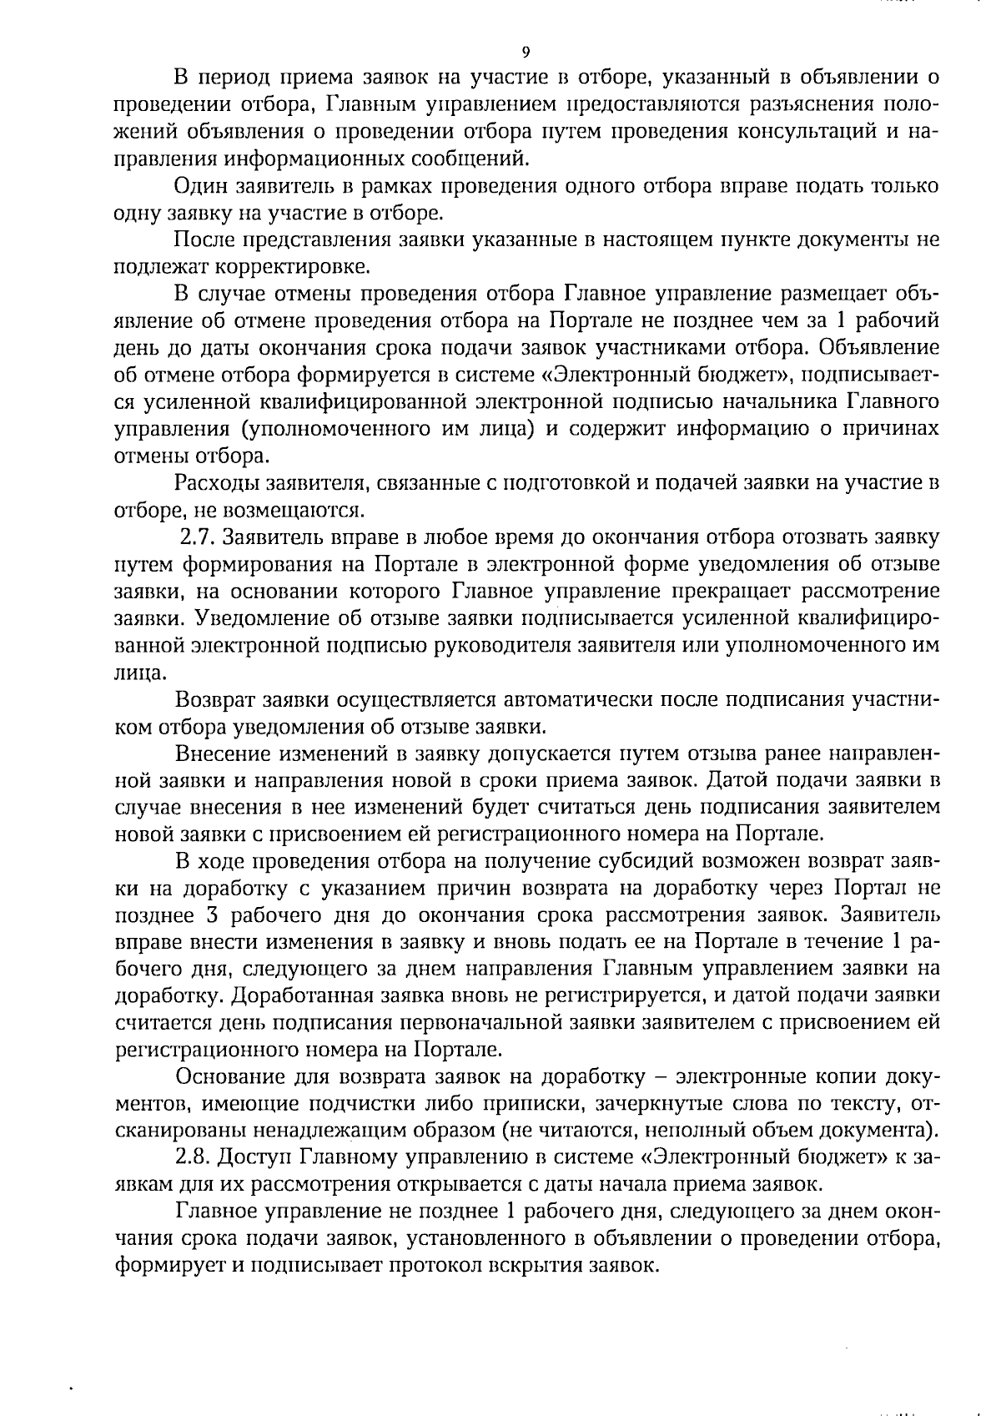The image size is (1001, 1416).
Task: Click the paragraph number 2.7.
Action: pyautogui.click(x=198, y=537)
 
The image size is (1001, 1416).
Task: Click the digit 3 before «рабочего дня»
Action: pyautogui.click(x=209, y=915)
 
